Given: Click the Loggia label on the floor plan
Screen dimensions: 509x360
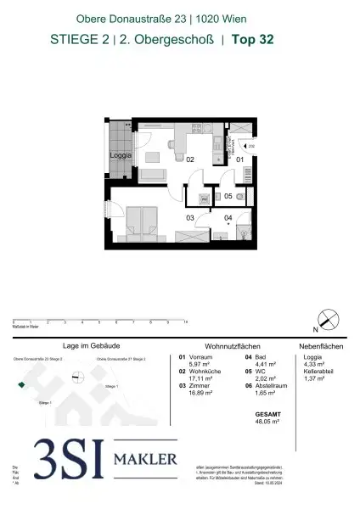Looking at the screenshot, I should (x=119, y=155).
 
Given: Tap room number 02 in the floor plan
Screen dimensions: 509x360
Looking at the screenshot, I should (x=190, y=159).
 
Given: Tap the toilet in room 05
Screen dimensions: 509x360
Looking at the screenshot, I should (x=241, y=196).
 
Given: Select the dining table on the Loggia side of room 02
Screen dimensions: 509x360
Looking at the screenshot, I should (x=155, y=157).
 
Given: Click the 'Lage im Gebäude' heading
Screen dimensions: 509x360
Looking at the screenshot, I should (x=82, y=346).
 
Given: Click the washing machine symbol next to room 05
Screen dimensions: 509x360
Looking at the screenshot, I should (x=204, y=197).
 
